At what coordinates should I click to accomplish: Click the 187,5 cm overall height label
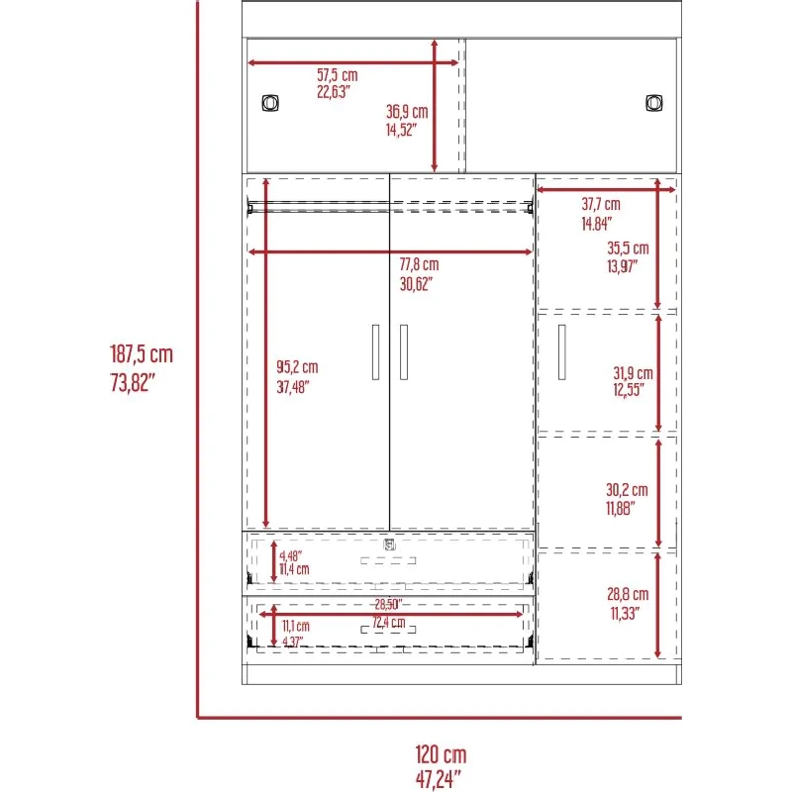tap(142, 354)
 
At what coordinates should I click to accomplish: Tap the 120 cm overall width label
tap(441, 754)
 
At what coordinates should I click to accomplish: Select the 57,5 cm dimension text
tap(338, 75)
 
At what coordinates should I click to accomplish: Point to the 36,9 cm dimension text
tap(407, 112)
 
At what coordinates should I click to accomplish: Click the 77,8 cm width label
tap(419, 264)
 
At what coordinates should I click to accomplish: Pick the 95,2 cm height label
tap(297, 366)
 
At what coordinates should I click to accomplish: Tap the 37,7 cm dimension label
tap(601, 204)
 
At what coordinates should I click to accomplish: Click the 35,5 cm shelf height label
tap(628, 248)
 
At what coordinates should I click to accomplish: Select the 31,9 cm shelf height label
tap(633, 373)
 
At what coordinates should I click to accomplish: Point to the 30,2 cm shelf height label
tap(627, 489)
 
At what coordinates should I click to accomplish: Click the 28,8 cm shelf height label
tap(628, 594)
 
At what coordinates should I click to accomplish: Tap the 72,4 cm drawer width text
tap(388, 623)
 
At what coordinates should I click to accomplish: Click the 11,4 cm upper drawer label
tap(294, 569)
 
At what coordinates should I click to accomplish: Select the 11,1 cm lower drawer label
tap(295, 627)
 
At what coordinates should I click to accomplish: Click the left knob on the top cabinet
tap(270, 103)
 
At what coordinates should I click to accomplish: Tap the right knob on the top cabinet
tap(654, 103)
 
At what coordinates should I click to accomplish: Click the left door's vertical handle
tap(375, 352)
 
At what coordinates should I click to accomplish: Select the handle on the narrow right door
tap(561, 352)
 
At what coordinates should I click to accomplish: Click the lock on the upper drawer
tap(389, 545)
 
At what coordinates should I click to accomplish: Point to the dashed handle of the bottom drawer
tap(388, 630)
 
